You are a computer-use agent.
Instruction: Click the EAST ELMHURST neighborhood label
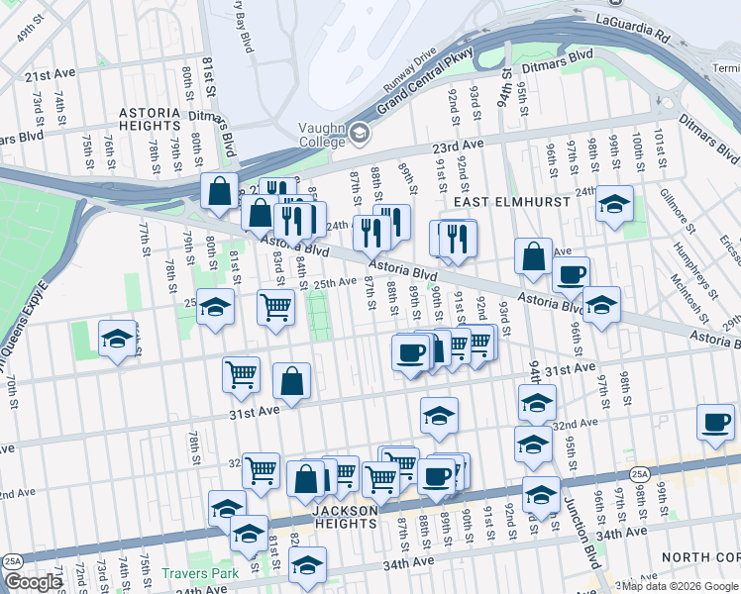[x=512, y=202]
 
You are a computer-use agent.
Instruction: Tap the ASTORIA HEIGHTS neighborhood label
[x=163, y=122]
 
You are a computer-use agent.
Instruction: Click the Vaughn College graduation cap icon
[x=359, y=132]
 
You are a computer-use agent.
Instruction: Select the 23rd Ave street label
[x=457, y=145]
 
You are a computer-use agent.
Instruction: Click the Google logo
[x=33, y=582]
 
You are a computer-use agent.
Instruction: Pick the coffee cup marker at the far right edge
[x=715, y=422]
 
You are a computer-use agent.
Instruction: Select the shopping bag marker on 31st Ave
[x=292, y=381]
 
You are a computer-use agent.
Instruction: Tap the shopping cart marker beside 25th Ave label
[x=275, y=307]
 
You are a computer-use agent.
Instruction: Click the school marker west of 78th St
[x=118, y=339]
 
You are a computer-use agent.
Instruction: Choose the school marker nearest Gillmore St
[x=615, y=205]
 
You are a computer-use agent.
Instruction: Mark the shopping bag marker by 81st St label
[x=219, y=189]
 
